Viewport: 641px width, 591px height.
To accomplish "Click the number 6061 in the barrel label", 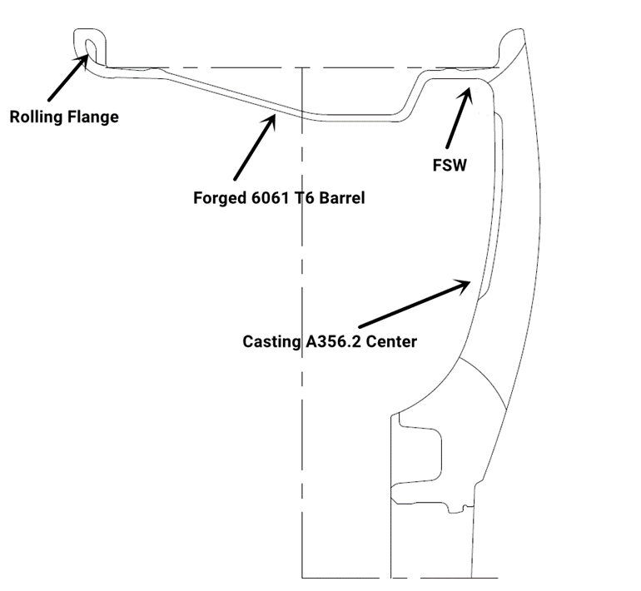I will (269, 199).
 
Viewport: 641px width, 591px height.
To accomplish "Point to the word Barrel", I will (339, 199).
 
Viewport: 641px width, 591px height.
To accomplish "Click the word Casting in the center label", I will (269, 341).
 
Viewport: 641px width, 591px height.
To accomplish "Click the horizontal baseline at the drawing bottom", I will (400, 576).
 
